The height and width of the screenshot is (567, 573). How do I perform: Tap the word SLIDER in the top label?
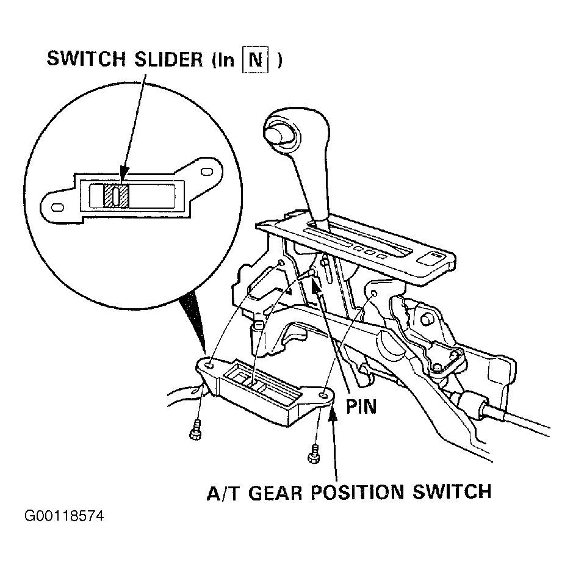pos(168,59)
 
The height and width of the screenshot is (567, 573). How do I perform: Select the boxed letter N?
pos(256,59)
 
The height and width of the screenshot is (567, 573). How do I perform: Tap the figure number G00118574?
pos(64,516)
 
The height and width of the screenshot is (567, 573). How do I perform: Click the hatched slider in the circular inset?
pos(116,195)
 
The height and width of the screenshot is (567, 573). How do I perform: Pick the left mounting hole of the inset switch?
pos(57,208)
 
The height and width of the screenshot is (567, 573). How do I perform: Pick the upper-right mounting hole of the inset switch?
pos(207,172)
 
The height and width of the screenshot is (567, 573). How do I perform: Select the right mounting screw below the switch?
pos(314,453)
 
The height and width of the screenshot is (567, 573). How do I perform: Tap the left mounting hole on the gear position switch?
pos(210,365)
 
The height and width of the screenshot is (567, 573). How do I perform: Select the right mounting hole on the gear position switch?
pos(323,395)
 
